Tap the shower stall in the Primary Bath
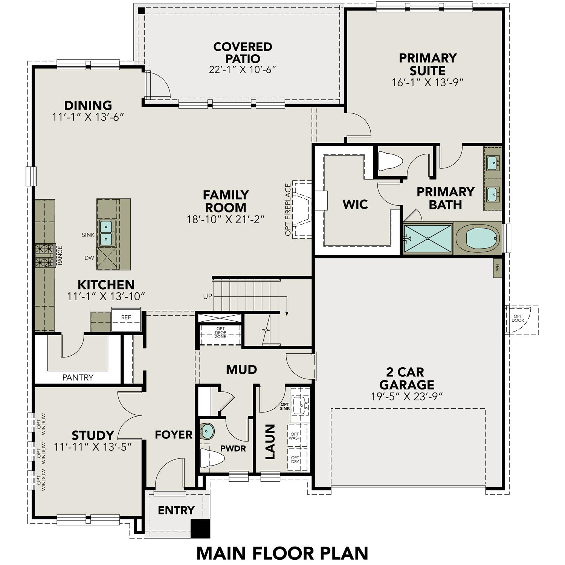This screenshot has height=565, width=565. (x=428, y=238)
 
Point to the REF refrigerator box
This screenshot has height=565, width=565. (x=126, y=318)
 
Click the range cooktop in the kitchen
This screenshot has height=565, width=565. (x=44, y=255)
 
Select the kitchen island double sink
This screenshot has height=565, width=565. (x=106, y=233)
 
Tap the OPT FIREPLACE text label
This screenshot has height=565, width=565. (x=288, y=209)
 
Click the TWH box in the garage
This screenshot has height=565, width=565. (x=497, y=269)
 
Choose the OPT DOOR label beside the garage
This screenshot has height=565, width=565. (x=518, y=319)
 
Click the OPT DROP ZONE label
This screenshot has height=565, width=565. (x=220, y=333)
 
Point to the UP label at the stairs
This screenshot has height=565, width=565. (x=208, y=296)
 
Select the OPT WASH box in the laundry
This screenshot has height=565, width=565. (x=295, y=436)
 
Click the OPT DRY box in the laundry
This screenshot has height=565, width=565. (x=295, y=460)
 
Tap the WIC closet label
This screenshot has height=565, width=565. (x=355, y=205)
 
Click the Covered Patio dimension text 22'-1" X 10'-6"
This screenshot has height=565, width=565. (x=243, y=70)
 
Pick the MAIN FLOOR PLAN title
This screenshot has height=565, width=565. (x=282, y=553)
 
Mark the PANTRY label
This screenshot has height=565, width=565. (x=78, y=377)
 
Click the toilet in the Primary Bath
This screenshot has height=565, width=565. (x=389, y=161)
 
